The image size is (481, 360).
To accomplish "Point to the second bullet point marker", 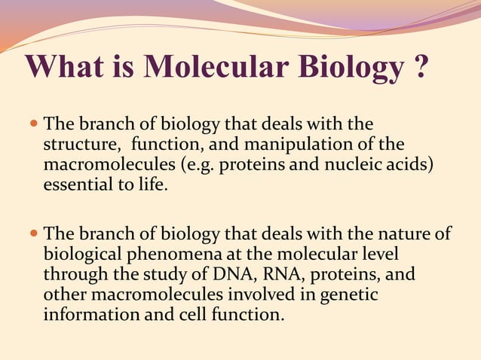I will pyautogui.click(x=33, y=233).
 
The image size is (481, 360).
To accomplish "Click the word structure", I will pyautogui.click(x=81, y=144).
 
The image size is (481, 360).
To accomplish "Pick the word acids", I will pyautogui.click(x=412, y=164).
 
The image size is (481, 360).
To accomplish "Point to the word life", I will pyautogui.click(x=149, y=185).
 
